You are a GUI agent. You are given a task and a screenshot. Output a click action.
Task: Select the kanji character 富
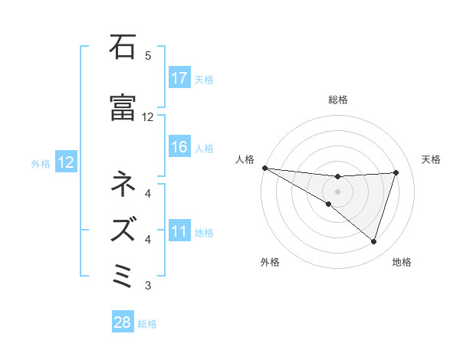[123, 108]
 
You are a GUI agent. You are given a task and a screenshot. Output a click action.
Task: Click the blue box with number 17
[179, 78]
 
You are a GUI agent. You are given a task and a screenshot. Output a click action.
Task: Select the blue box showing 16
[179, 147]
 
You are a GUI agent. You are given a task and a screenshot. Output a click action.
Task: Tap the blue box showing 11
[179, 231]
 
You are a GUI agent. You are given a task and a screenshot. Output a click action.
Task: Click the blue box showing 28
[123, 322]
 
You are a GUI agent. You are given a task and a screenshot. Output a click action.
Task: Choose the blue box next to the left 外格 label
[64, 162]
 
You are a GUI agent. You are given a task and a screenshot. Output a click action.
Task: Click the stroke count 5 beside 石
[148, 56]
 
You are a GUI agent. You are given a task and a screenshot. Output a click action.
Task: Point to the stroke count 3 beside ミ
[148, 286]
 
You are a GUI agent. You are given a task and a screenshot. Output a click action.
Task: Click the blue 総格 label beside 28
[148, 323]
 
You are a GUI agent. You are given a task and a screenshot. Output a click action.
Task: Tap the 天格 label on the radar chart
[432, 159]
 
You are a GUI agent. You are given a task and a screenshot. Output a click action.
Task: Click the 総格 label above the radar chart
[337, 100]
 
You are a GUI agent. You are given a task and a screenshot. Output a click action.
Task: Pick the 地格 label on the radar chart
[402, 263]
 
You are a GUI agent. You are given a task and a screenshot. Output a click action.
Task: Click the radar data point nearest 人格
[264, 168]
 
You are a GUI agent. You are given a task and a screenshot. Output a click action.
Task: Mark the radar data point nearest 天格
[396, 172]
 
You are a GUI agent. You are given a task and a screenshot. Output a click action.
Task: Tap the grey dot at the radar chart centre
[337, 191]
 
